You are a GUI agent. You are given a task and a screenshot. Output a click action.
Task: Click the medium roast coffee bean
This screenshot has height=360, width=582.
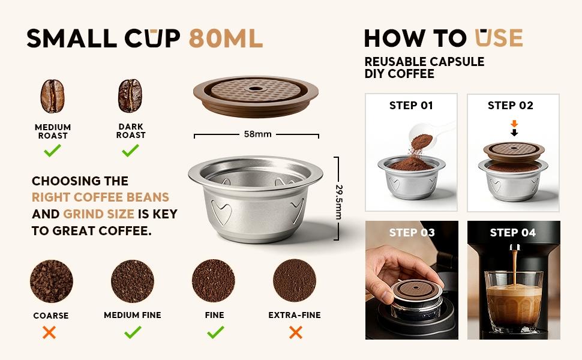tap(52, 97)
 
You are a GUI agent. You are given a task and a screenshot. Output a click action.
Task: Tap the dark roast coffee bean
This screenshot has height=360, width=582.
tap(130, 97)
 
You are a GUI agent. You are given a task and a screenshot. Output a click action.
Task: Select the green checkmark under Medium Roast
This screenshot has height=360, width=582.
tap(52, 150)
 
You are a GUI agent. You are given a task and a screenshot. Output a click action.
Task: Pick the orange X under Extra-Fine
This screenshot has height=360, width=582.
tap(295, 332)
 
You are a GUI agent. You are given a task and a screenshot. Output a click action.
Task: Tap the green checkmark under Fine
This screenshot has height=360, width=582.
tap(215, 331)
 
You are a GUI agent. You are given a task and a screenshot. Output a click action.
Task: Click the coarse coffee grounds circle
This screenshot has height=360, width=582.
tap(51, 281)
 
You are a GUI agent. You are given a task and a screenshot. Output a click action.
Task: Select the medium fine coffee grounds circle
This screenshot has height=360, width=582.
tap(133, 281)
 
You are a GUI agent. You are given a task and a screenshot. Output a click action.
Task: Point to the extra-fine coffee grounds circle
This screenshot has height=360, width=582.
tap(295, 281)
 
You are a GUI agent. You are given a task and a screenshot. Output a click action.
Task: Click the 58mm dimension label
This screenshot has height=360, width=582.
tap(258, 134)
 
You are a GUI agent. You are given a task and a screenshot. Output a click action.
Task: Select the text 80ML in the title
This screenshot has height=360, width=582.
tap(226, 38)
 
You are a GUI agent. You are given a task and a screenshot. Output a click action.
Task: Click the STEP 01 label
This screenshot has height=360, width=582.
tap(411, 106)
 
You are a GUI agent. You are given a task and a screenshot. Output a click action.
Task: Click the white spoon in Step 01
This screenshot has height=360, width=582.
tap(435, 131)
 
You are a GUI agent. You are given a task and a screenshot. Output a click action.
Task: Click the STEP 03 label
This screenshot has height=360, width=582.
tap(412, 233)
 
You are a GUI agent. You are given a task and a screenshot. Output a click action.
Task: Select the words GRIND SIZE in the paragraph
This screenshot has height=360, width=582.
tap(100, 214)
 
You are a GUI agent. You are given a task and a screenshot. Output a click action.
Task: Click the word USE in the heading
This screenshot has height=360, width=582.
tap(499, 38)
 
